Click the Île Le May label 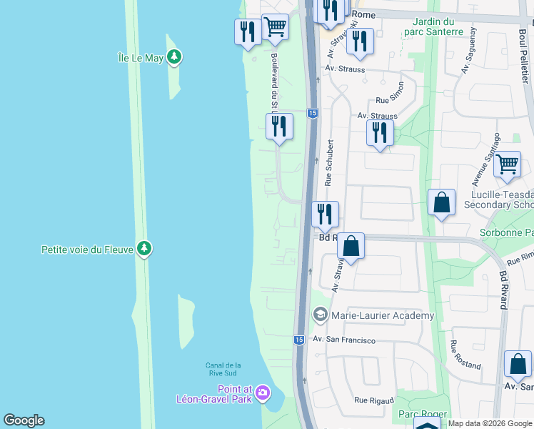[141, 57]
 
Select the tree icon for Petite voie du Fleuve [145, 248]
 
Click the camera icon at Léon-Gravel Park [263, 393]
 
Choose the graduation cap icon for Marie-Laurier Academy [321, 315]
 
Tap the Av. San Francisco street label [344, 340]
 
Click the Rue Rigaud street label [375, 400]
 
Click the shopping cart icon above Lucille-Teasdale [507, 164]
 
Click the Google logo [24, 420]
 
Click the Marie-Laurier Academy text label [383, 315]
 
